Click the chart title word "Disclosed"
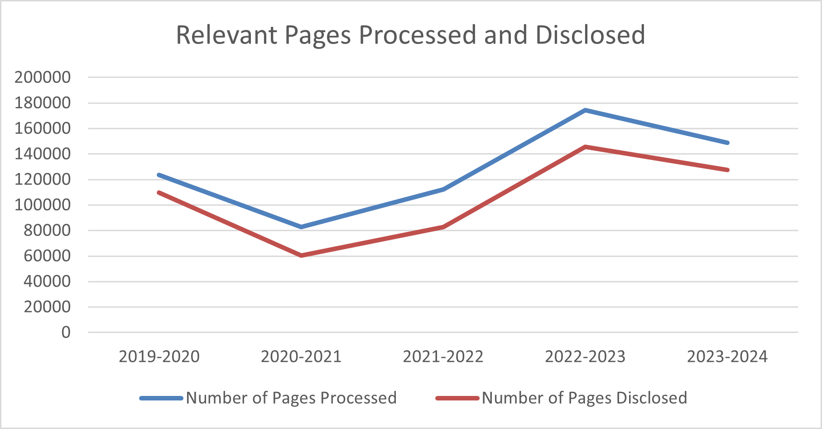coord(590,35)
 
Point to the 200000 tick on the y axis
coord(43,77)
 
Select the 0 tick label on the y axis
coord(66,333)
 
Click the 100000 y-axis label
coord(43,205)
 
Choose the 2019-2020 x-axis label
coord(159,357)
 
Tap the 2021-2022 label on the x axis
coord(443,357)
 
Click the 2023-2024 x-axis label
coord(727,357)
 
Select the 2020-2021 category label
coord(301,357)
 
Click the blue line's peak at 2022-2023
coord(585,110)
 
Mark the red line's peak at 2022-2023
coord(585,147)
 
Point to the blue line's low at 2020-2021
coord(301,227)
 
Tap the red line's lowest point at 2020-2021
coord(301,255)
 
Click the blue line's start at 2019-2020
coord(159,175)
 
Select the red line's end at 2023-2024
coord(727,170)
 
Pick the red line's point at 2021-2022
coord(443,227)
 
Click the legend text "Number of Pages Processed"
coord(291,398)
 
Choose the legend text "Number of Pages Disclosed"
coord(584,398)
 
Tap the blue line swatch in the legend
coord(162,398)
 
